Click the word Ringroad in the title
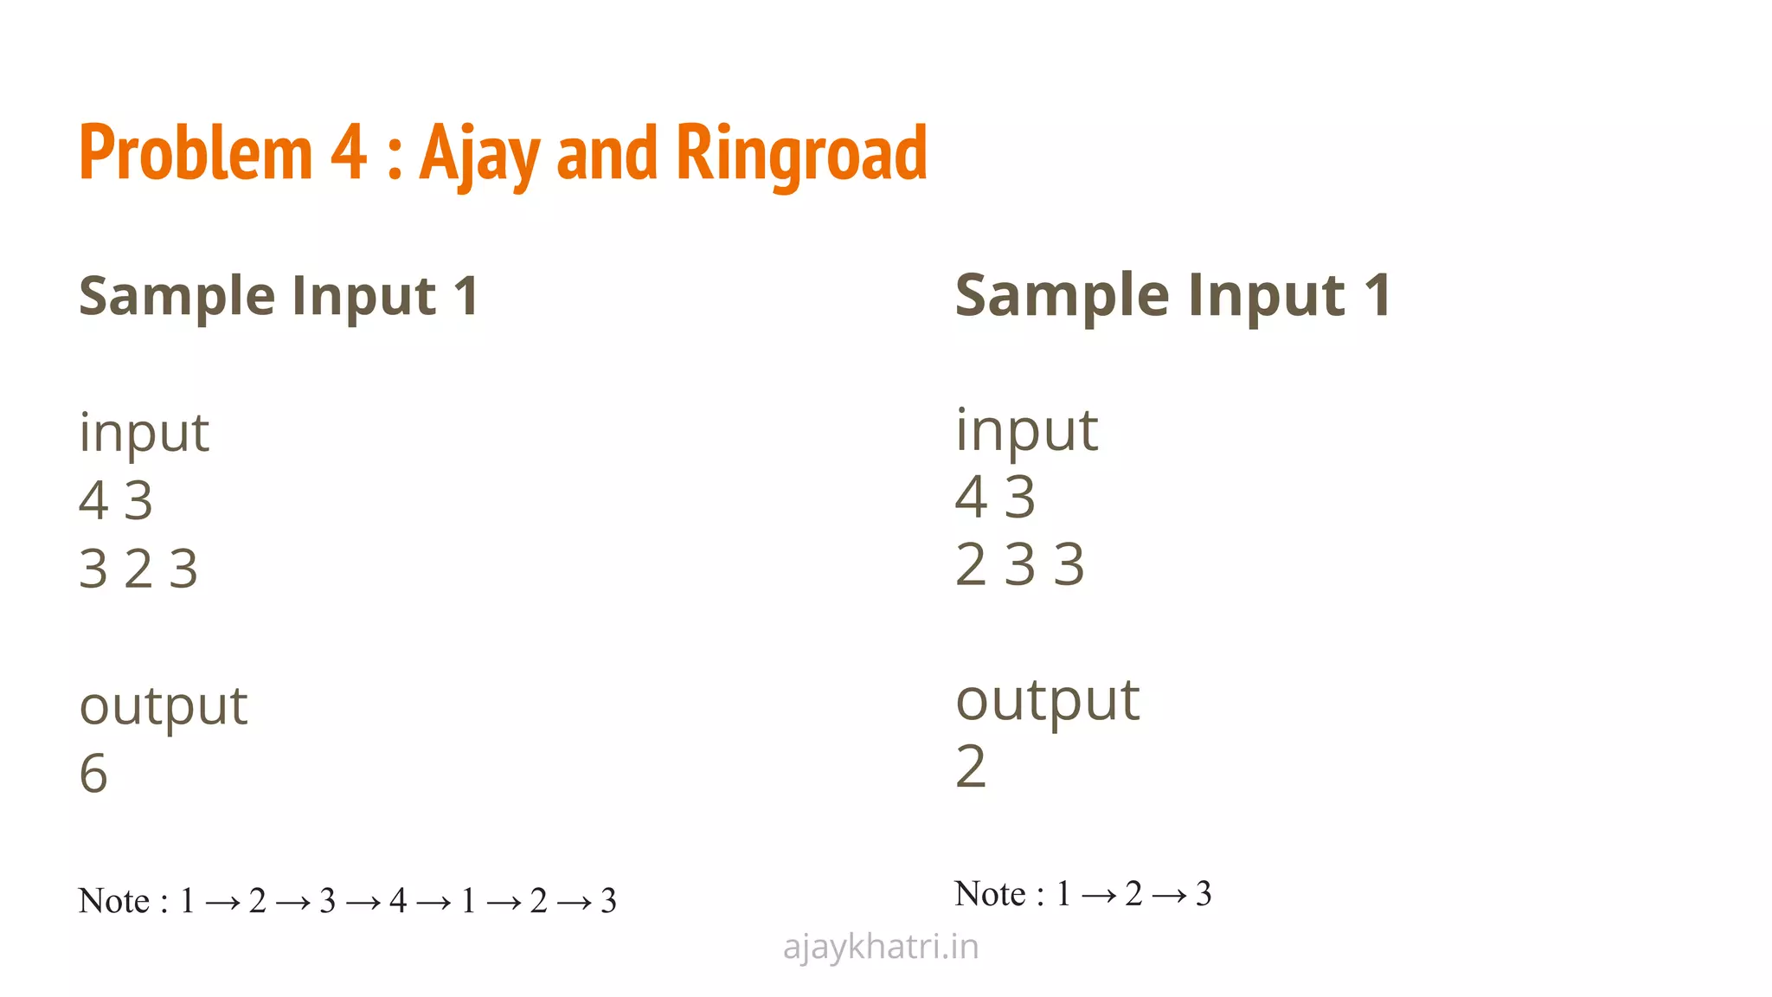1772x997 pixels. click(x=800, y=154)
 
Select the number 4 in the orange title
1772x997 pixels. click(x=348, y=152)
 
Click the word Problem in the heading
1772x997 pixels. click(x=196, y=152)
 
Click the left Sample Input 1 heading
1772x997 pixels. click(x=279, y=296)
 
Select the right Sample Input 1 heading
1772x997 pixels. click(x=1172, y=295)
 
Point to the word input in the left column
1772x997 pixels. click(x=144, y=432)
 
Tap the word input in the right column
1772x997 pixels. click(x=1026, y=429)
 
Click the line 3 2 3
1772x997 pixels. click(x=138, y=569)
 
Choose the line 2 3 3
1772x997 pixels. click(x=1019, y=564)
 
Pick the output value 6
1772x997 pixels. click(x=93, y=773)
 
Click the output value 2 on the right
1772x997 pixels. click(x=970, y=767)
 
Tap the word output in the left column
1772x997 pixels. click(x=163, y=706)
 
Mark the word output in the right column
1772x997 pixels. click(x=1047, y=700)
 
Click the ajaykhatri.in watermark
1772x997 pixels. click(x=881, y=947)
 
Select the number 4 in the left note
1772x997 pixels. click(x=398, y=901)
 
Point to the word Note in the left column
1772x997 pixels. click(x=113, y=901)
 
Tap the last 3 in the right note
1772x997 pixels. click(x=1204, y=893)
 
